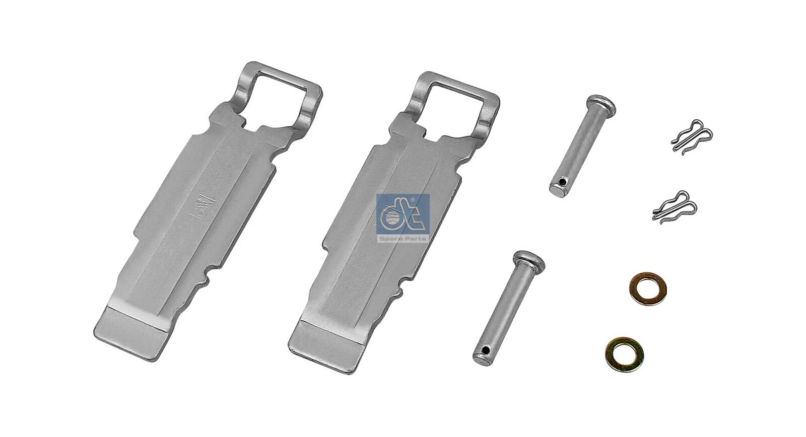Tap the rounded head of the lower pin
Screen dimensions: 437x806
pos(528,260)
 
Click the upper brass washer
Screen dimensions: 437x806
pos(648,288)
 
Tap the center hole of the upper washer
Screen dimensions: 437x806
pos(648,288)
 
